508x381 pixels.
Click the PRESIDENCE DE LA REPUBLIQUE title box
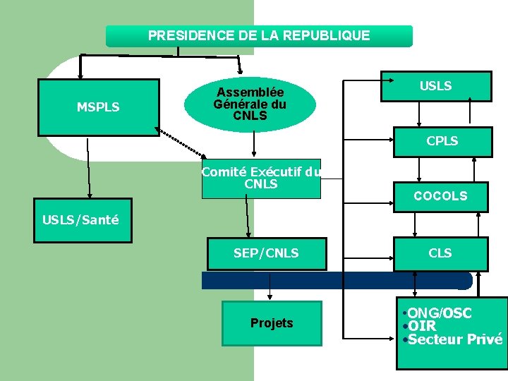[x=258, y=36]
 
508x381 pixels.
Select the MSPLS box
[x=98, y=107]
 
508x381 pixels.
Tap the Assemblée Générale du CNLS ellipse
[x=250, y=104]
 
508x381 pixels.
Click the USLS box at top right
[x=435, y=86]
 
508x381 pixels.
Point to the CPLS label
[x=442, y=141]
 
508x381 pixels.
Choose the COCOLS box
[x=440, y=196]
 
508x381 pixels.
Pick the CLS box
[x=440, y=253]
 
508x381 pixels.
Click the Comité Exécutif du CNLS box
[x=260, y=178]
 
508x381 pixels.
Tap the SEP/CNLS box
[x=266, y=253]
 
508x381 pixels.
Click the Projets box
[x=272, y=323]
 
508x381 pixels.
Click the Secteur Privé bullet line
[x=452, y=339]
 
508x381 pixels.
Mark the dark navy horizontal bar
[x=337, y=281]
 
